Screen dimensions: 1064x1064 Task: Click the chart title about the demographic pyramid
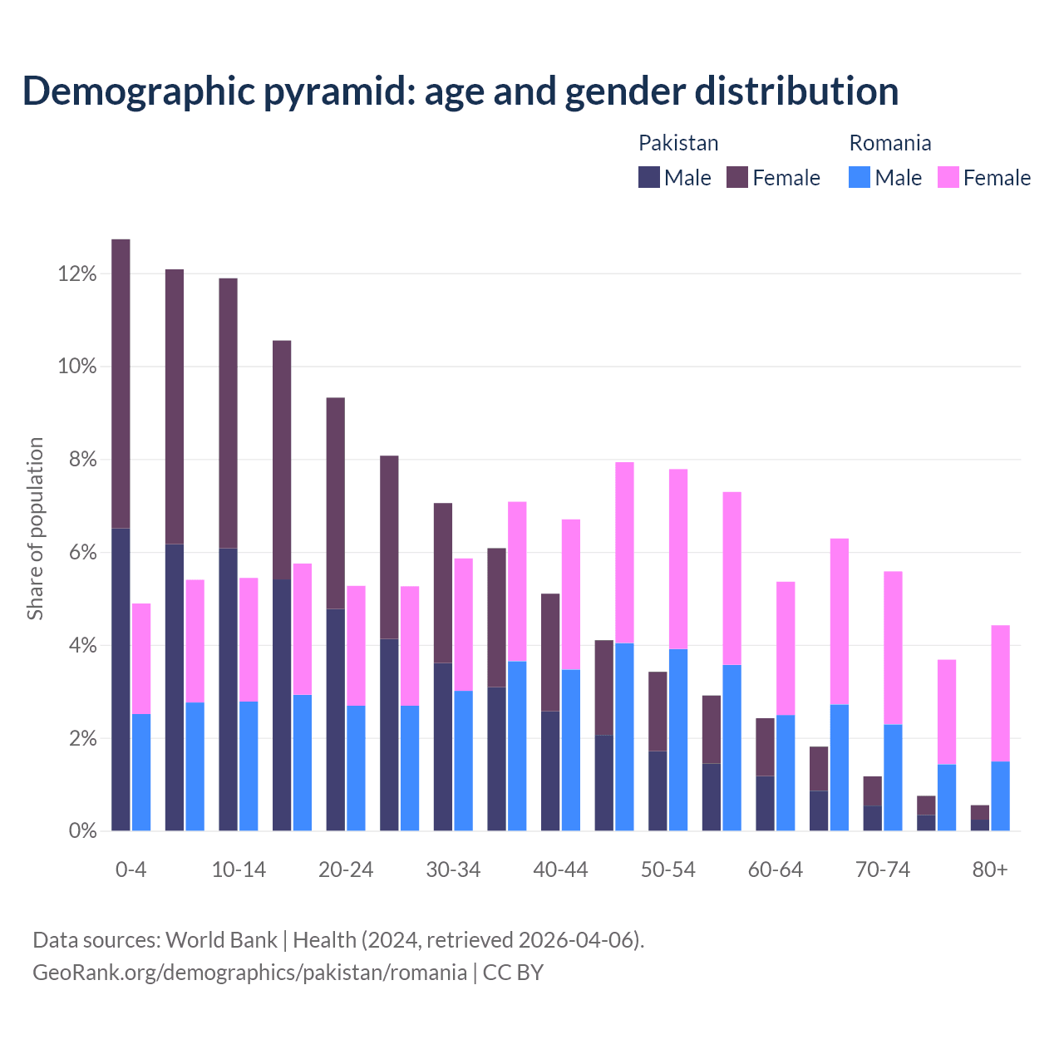click(x=461, y=91)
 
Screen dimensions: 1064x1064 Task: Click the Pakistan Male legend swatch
click(x=649, y=177)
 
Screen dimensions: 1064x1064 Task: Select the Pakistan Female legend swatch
click(x=737, y=177)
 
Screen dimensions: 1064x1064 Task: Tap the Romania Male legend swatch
click(x=860, y=177)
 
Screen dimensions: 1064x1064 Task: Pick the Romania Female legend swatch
click(x=948, y=177)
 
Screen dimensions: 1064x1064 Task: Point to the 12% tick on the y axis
click(x=77, y=274)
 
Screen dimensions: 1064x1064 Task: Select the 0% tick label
click(x=81, y=831)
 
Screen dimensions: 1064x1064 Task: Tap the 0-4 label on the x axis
click(x=131, y=870)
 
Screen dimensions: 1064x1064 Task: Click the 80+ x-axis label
click(x=990, y=870)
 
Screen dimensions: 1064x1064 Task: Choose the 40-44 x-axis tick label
click(x=560, y=870)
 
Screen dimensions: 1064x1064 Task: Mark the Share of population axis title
click(x=35, y=529)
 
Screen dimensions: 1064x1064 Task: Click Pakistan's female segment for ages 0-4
click(x=121, y=382)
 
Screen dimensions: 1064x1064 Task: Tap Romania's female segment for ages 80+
click(x=1001, y=693)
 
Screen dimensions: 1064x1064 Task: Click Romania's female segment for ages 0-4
click(x=141, y=658)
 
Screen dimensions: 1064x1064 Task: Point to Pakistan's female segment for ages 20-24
click(x=336, y=503)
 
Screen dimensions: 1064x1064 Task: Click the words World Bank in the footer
click(x=221, y=940)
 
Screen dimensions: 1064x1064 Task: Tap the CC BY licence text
click(x=513, y=973)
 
